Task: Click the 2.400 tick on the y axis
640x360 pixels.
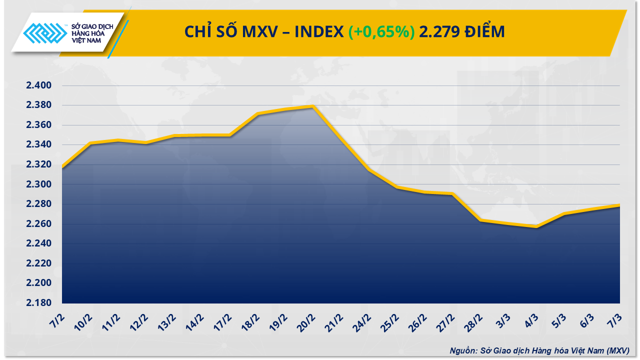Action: pos(38,85)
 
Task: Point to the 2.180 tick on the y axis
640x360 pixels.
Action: pos(38,303)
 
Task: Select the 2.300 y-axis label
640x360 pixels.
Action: pos(38,184)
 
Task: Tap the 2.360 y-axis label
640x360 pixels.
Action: pos(38,125)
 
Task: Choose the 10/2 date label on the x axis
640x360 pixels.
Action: pos(83,320)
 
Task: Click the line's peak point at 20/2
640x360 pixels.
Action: pos(312,106)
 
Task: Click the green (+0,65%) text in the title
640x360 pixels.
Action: pos(381,31)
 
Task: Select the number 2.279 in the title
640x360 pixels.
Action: pos(439,31)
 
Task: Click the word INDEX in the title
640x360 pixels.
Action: pos(318,31)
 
